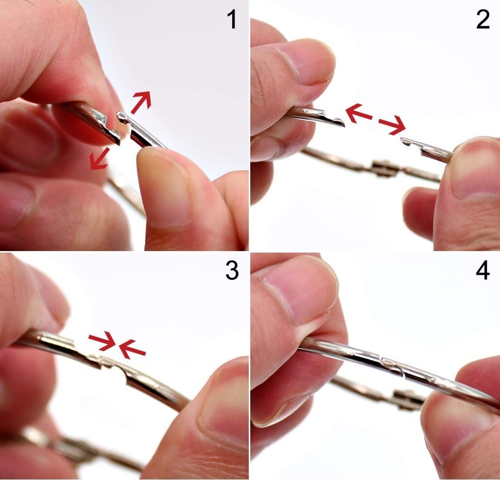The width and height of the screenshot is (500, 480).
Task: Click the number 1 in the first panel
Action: [x=231, y=20]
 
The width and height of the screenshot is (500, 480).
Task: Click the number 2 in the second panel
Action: [x=482, y=20]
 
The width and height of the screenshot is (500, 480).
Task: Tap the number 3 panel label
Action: [x=231, y=271]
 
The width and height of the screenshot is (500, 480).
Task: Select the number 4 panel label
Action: [x=482, y=271]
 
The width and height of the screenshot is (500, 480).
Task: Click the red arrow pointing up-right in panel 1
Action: [x=141, y=103]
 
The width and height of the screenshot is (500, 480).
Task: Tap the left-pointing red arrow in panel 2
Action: [x=358, y=114]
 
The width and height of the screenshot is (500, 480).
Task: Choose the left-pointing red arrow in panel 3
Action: [x=132, y=348]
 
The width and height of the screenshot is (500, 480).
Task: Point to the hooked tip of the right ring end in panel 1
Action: [x=121, y=117]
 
